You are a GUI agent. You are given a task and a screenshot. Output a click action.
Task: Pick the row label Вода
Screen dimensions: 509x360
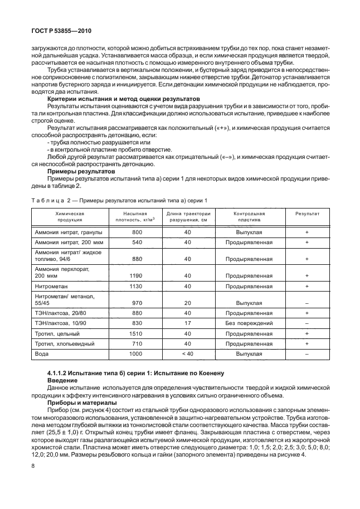(x=41, y=353)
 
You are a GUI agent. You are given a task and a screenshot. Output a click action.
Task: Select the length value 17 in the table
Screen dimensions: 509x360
(x=188, y=323)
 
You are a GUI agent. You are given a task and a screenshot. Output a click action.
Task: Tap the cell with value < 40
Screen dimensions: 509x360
(x=188, y=353)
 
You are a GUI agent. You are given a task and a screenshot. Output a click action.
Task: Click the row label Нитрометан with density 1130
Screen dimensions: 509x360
(x=52, y=287)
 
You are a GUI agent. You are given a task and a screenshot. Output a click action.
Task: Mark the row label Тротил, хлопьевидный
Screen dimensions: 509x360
(x=64, y=343)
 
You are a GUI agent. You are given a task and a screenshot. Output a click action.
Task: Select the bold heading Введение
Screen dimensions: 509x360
(x=63, y=379)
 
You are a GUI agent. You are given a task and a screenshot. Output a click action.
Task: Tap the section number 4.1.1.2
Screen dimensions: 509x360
(x=62, y=372)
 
